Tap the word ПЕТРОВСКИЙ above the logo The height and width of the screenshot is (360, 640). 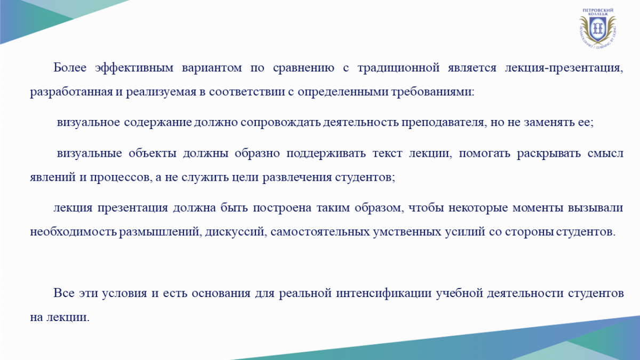tap(598, 10)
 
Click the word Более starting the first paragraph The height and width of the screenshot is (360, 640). tap(70, 67)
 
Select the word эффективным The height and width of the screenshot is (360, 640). tap(134, 68)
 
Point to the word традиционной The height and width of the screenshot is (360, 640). tap(398, 68)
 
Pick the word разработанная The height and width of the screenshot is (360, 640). tap(71, 92)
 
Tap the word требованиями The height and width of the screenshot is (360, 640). tap(433, 92)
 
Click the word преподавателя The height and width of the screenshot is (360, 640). tap(444, 123)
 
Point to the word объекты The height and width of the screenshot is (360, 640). tap(153, 154)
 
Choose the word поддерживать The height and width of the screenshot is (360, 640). tap(326, 154)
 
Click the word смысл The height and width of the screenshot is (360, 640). tap(605, 154)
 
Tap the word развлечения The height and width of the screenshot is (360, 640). tap(297, 178)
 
